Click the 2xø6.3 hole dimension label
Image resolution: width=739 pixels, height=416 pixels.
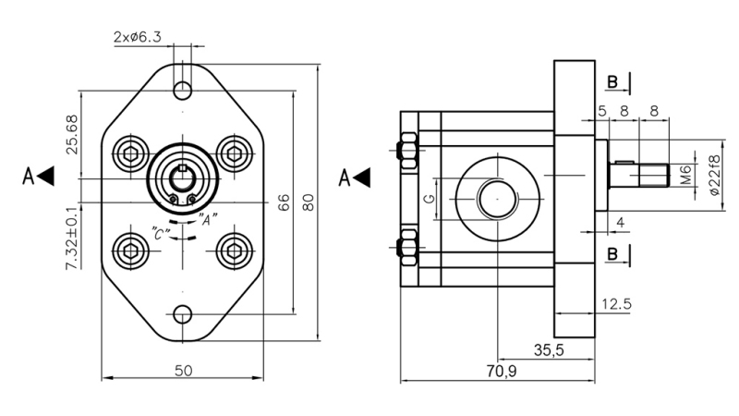[138, 37]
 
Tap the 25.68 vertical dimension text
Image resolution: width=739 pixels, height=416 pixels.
[72, 135]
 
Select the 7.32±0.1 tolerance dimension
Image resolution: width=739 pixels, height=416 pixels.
[72, 238]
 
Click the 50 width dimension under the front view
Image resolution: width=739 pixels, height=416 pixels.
[183, 370]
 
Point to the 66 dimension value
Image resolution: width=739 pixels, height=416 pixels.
[285, 202]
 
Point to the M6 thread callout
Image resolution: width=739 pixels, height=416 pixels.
[685, 174]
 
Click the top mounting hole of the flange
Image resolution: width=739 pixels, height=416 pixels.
[183, 90]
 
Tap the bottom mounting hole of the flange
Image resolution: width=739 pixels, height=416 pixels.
[183, 314]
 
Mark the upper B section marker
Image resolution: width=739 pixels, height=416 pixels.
[617, 82]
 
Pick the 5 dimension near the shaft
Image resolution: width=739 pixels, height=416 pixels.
[601, 111]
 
